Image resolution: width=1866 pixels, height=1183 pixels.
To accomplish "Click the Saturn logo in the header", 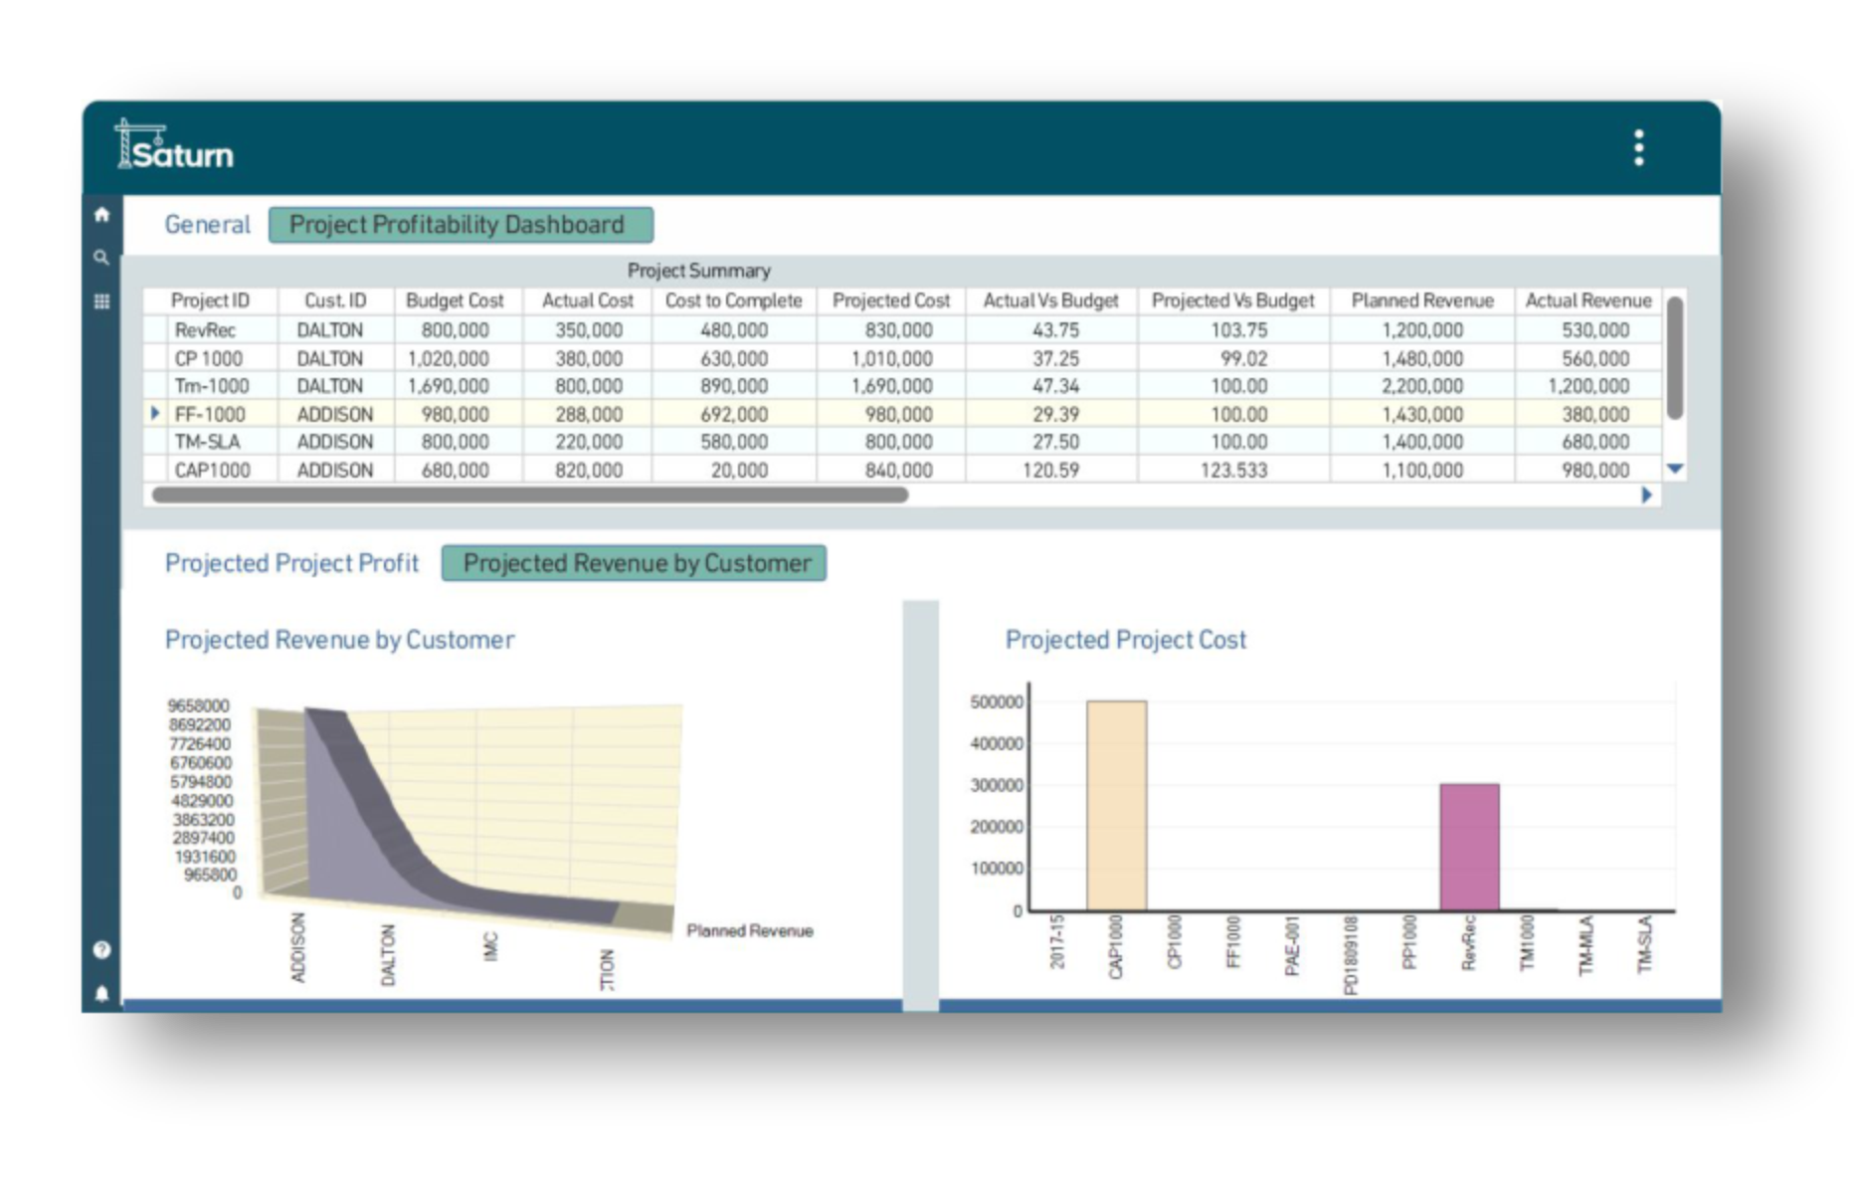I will coord(175,148).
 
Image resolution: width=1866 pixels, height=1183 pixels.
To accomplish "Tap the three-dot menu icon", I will coord(1638,148).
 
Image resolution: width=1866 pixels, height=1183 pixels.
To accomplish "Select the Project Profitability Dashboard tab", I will coord(461,225).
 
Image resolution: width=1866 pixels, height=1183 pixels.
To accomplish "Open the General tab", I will coord(207,225).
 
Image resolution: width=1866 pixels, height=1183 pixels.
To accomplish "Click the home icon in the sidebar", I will coord(101,214).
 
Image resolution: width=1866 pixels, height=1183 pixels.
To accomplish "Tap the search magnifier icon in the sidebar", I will coord(101,258).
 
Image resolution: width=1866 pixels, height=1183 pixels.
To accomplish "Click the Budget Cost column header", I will coord(455,300).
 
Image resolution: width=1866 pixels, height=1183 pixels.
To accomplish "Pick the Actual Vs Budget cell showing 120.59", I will coord(1050,470).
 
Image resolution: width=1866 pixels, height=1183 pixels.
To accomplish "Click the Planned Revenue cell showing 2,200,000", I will coord(1422,386).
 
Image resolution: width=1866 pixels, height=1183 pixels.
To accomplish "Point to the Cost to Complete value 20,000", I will coord(738,470).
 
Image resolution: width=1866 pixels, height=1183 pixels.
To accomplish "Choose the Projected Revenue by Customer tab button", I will coord(634,563).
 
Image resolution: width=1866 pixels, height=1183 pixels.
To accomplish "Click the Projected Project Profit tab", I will coord(291,563).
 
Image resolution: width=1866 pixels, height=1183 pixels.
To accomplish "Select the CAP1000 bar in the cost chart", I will coord(1116,805).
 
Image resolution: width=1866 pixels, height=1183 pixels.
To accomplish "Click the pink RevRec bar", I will coord(1469,847).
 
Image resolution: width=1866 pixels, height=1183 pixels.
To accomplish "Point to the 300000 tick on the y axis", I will coord(996,785).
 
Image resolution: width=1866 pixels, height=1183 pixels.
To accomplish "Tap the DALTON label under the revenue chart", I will coord(388,955).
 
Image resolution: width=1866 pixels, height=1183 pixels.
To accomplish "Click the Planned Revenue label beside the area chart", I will coord(750,931).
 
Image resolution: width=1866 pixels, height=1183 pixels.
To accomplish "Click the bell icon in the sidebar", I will coord(101,993).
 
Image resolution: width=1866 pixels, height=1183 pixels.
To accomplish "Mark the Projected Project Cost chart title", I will coord(1125,640).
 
